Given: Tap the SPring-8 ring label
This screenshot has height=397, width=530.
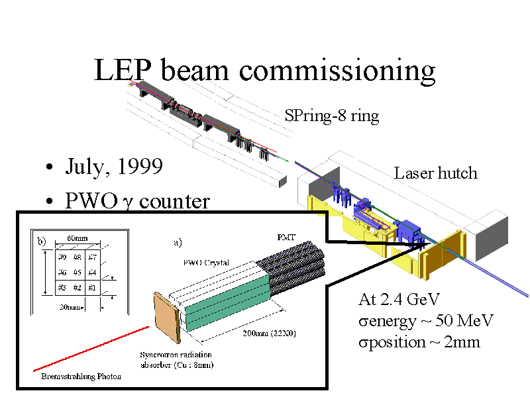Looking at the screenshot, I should [331, 116].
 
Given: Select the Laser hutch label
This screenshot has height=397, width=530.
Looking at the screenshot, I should [435, 173].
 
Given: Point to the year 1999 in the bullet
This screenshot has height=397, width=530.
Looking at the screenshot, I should [140, 166].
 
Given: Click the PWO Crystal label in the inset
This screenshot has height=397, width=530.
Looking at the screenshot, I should [206, 263].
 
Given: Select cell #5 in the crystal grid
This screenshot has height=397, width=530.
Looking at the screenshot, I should [78, 272].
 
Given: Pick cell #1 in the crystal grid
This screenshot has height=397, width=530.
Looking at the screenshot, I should [93, 288].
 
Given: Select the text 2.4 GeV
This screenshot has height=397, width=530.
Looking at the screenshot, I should [411, 299].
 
